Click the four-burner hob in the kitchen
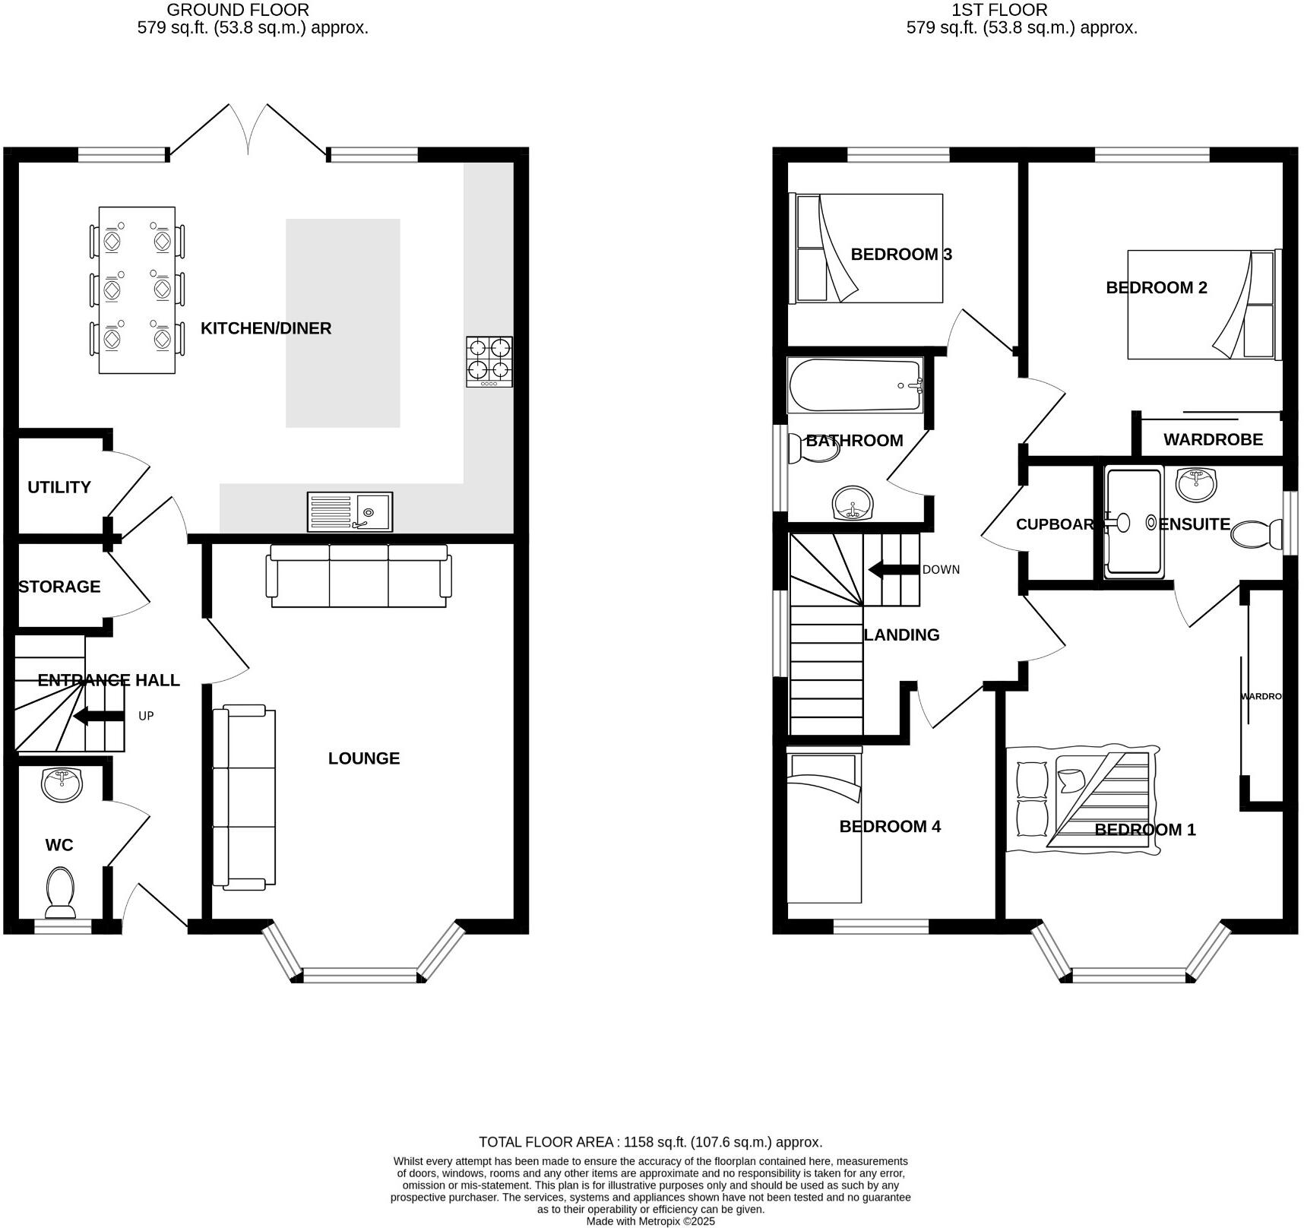(x=489, y=361)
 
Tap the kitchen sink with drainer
(x=350, y=511)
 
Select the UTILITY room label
(x=59, y=487)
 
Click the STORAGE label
(x=59, y=587)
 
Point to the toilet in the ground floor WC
(x=60, y=893)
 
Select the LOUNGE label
(x=364, y=758)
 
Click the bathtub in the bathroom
(x=856, y=385)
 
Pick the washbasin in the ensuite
(x=1195, y=483)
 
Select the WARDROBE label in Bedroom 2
(x=1213, y=439)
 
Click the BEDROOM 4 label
(x=890, y=826)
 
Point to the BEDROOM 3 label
(x=900, y=254)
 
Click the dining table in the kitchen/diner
(x=137, y=290)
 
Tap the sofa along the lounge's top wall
(x=359, y=576)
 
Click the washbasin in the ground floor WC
(x=62, y=784)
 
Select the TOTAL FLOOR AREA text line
(x=650, y=1142)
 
